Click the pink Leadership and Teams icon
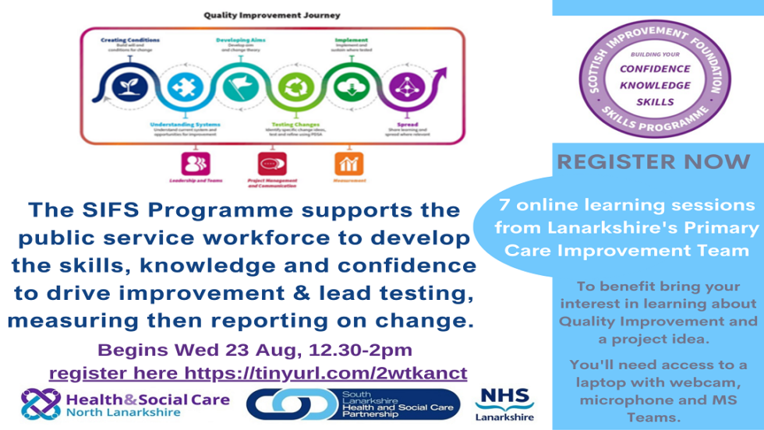[196, 164]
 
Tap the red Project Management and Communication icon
[271, 164]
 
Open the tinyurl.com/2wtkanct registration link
[324, 373]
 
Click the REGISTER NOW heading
[653, 163]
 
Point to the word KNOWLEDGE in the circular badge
[655, 86]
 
